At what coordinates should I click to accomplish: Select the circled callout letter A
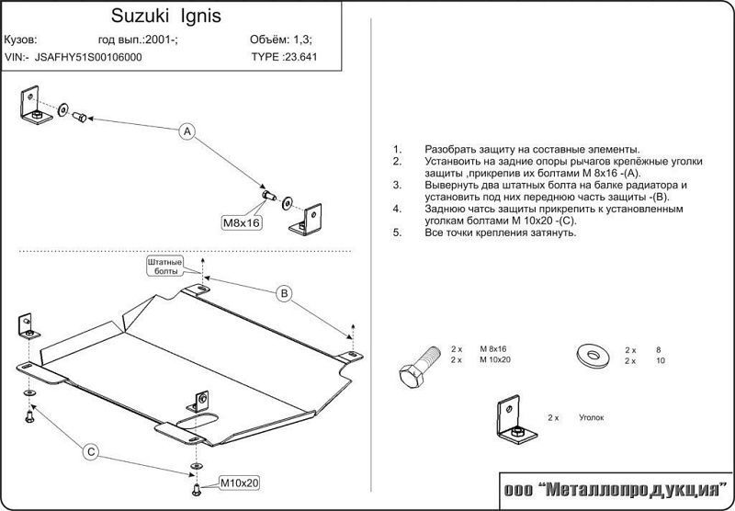pyautogui.click(x=187, y=132)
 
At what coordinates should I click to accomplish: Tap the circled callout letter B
pyautogui.click(x=285, y=293)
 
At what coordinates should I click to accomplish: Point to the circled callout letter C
pyautogui.click(x=92, y=451)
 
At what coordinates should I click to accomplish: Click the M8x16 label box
pyautogui.click(x=242, y=222)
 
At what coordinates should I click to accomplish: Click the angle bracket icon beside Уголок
pyautogui.click(x=510, y=421)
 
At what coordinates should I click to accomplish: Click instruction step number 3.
pyautogui.click(x=396, y=185)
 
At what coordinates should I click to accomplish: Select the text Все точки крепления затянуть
pyautogui.click(x=500, y=233)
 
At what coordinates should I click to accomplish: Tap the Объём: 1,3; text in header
pyautogui.click(x=281, y=40)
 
